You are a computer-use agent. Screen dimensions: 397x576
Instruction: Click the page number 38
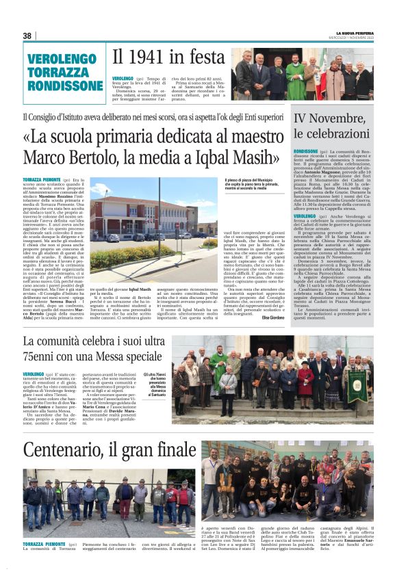click(27, 36)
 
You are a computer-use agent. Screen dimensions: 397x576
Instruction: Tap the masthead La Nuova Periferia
click(354, 32)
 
